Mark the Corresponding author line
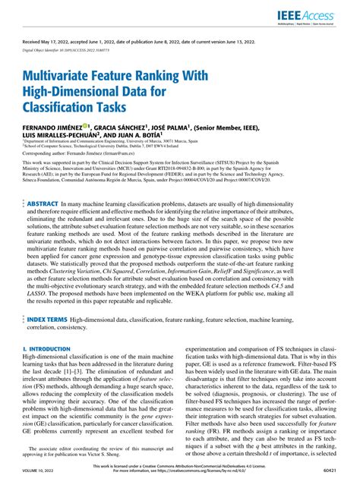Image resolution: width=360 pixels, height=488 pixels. (x=87, y=153)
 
